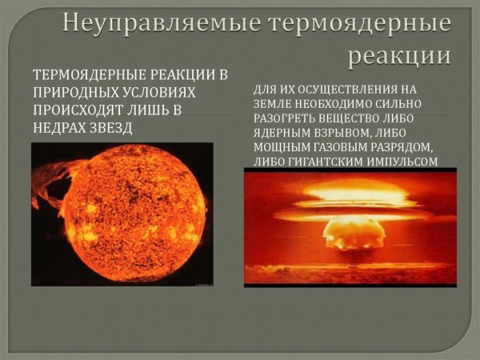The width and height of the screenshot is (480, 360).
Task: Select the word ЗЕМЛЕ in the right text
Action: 274,104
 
